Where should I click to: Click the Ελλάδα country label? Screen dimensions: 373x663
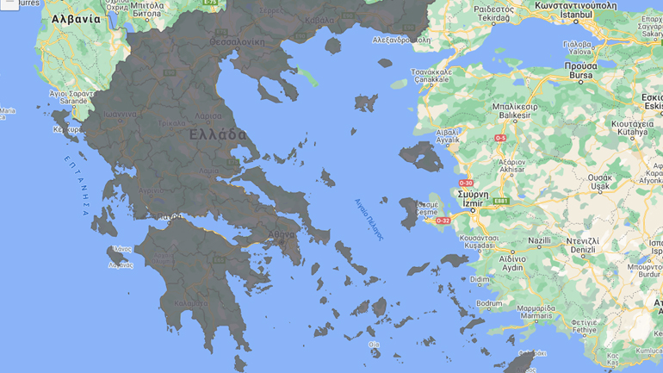point(218,135)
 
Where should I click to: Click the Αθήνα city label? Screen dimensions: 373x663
point(281,234)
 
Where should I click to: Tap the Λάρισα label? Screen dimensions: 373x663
point(209,115)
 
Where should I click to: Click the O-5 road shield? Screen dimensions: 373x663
point(499,138)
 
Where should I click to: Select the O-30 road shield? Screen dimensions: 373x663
point(466,183)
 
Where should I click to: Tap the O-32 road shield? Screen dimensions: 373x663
point(443,221)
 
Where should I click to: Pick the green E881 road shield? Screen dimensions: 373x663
point(501,202)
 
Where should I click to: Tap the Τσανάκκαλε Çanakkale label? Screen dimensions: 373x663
point(431,76)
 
